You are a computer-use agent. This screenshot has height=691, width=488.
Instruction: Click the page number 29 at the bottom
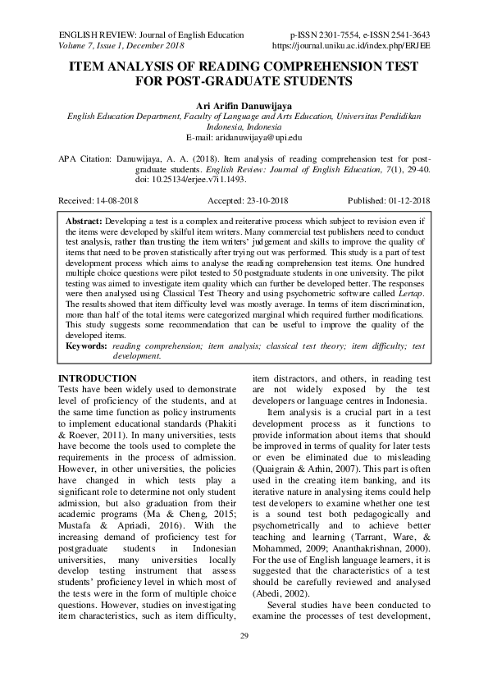click(244, 659)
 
